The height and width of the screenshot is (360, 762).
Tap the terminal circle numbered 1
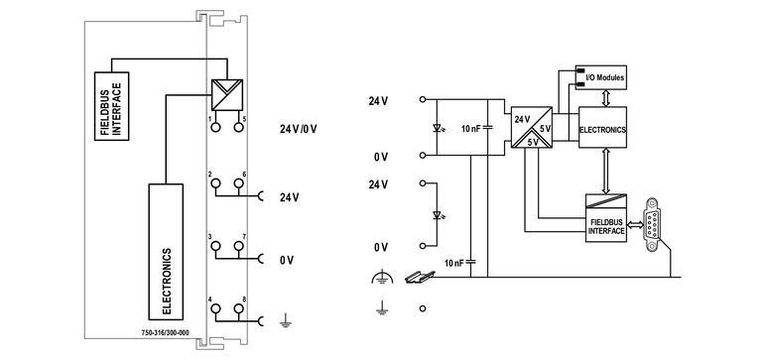click(212, 126)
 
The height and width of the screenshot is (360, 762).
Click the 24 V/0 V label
click(299, 129)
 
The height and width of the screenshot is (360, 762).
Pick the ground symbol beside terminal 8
click(285, 319)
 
